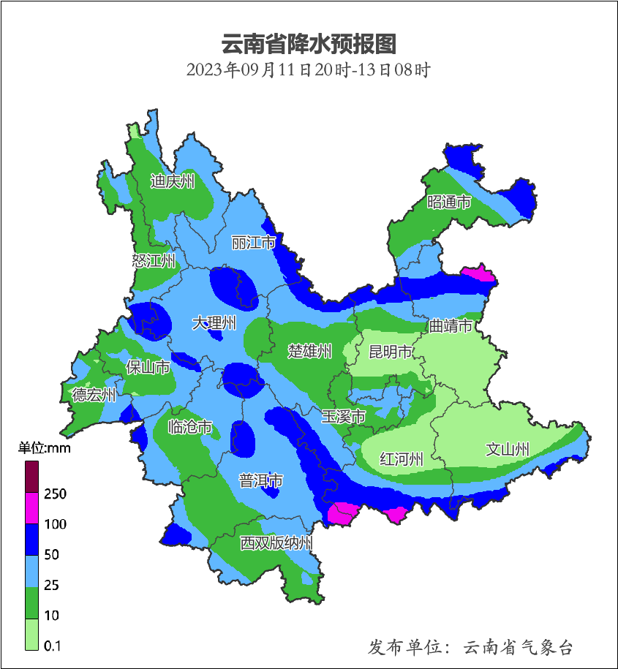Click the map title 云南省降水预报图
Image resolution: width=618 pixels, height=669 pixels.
pos(309,45)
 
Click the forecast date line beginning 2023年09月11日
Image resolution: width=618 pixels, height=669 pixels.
pos(309,71)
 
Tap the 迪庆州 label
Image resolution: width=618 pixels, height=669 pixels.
pos(173,181)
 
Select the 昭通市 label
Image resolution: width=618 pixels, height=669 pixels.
pos(449,202)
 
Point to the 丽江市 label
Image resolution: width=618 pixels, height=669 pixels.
pos(253,242)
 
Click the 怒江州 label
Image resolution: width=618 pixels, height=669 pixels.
pos(154,260)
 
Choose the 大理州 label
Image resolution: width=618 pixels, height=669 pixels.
pos(214,322)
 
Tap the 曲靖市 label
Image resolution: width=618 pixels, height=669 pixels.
pos(450,325)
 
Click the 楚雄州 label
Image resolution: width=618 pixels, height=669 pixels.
pos(309,351)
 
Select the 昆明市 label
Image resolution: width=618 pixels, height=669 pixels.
pos(390,352)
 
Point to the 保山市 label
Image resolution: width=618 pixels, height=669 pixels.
pos(148,367)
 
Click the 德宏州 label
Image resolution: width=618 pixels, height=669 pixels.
pos(94,395)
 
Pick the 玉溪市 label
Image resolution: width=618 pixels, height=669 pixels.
pos(343,416)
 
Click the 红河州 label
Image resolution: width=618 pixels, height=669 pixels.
pos(402,459)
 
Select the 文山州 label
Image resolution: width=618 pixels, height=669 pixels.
pos(508,450)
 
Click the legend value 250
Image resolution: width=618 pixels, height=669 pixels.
pos(55,494)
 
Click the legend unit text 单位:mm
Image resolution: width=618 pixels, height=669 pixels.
pos(45,448)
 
